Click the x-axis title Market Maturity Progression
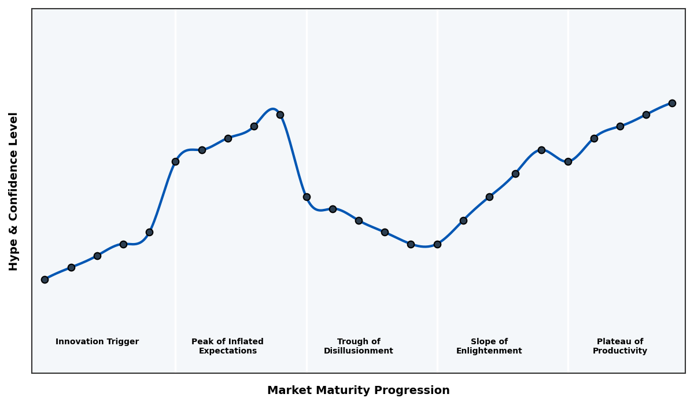pyautogui.click(x=358, y=391)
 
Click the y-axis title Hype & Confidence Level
pyautogui.click(x=14, y=191)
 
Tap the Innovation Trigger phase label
pyautogui.click(x=97, y=342)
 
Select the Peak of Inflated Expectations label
pyautogui.click(x=227, y=346)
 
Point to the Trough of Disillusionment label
pyautogui.click(x=358, y=346)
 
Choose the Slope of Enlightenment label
pyautogui.click(x=489, y=346)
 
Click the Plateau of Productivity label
pyautogui.click(x=619, y=346)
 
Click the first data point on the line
pyautogui.click(x=45, y=279)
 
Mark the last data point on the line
pyautogui.click(x=672, y=103)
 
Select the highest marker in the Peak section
pyautogui.click(x=280, y=115)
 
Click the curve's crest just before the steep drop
pyautogui.click(x=272, y=109)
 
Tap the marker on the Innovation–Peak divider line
pyautogui.click(x=175, y=161)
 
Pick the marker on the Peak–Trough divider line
pyautogui.click(x=307, y=197)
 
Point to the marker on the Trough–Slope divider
pyautogui.click(x=437, y=244)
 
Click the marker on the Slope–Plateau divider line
pyautogui.click(x=568, y=161)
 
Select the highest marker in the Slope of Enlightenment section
pyautogui.click(x=541, y=150)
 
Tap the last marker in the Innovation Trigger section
pyautogui.click(x=149, y=232)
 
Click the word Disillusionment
pyautogui.click(x=358, y=351)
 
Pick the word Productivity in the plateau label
pyautogui.click(x=619, y=351)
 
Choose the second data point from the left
pyautogui.click(x=71, y=267)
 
